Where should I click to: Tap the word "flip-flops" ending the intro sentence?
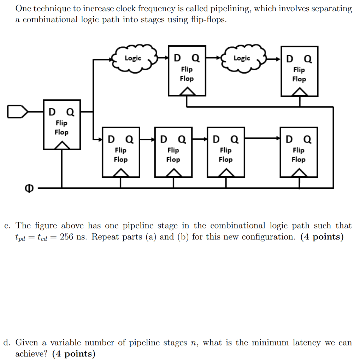[x=207, y=20]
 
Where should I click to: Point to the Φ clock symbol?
[x=28, y=189]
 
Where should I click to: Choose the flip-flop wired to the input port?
[x=61, y=124]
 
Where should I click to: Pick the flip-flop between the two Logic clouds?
[x=187, y=71]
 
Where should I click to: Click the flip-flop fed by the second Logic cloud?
[x=299, y=71]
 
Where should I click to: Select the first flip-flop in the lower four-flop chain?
[x=120, y=152]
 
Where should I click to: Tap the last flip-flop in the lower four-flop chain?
[x=299, y=152]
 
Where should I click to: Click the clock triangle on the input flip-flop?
[x=62, y=145]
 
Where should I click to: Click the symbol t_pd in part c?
[x=20, y=238]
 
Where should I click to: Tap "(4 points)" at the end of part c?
[x=322, y=237]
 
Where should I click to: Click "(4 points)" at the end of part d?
[x=73, y=354]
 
